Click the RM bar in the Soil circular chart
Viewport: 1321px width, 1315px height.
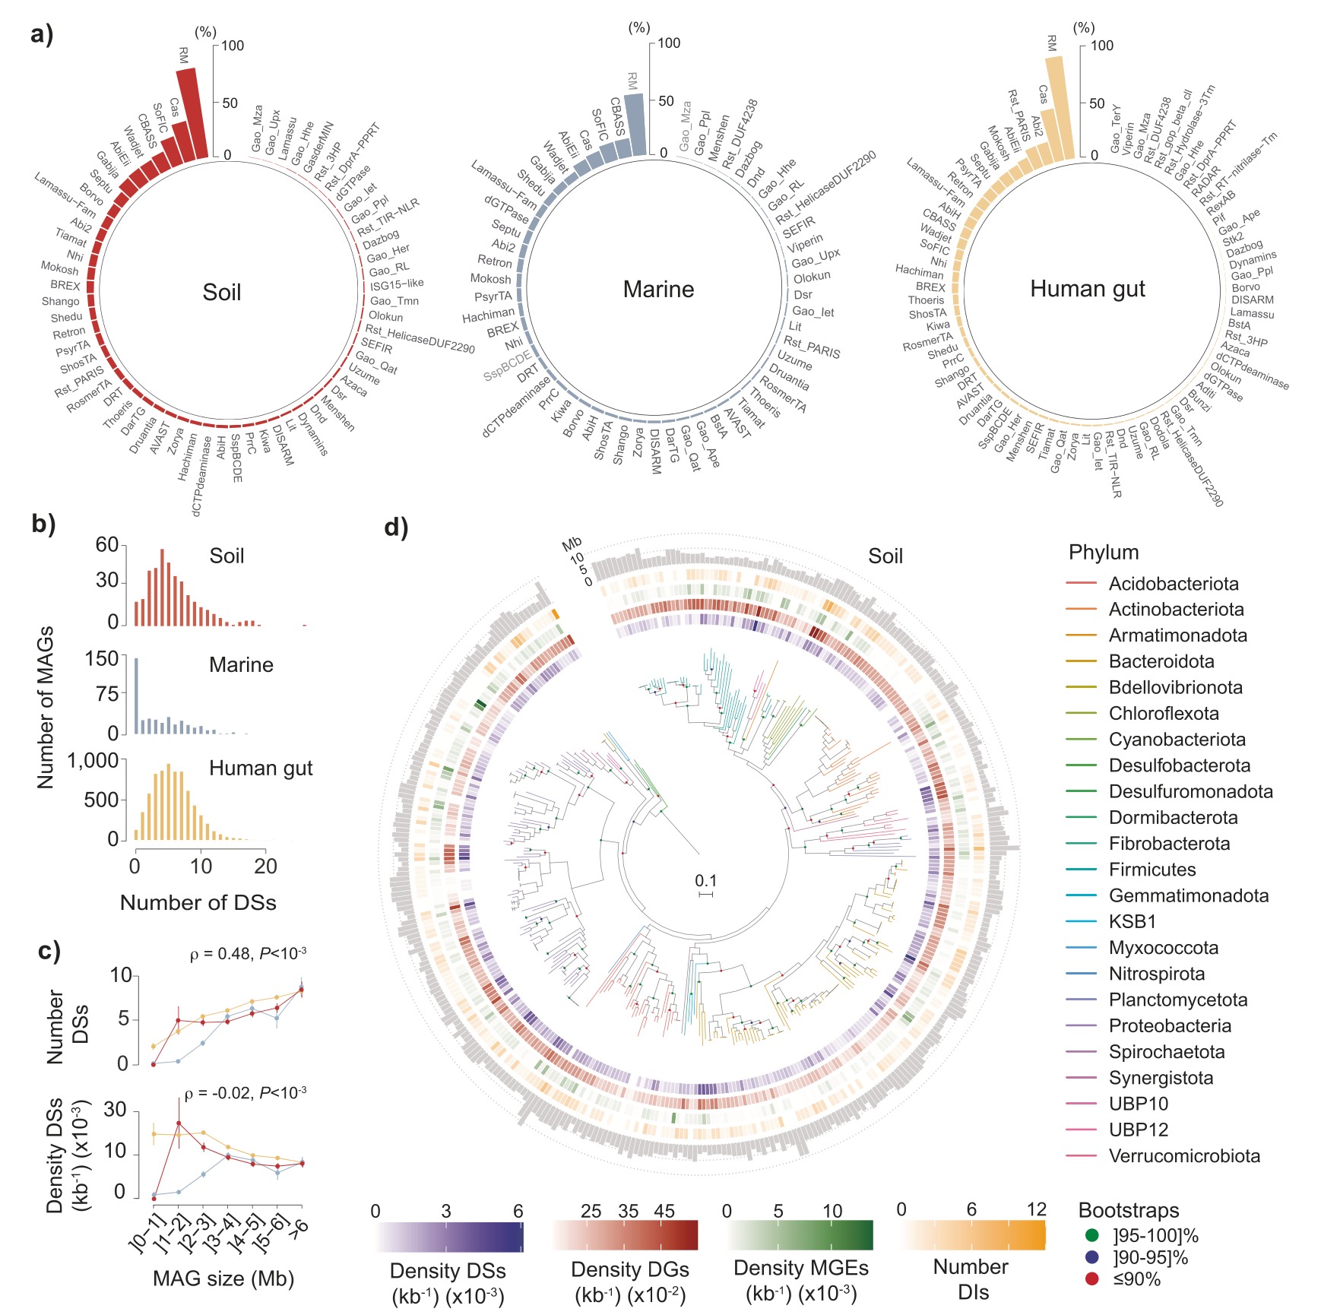[x=192, y=114]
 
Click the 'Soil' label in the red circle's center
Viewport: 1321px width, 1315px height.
[x=221, y=293]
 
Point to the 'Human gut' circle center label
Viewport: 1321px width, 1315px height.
[x=1087, y=289]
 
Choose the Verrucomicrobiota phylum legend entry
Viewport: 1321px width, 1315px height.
[x=1183, y=1156]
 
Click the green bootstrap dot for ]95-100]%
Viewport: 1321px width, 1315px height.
[x=1092, y=1235]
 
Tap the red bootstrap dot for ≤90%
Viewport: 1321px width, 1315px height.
[x=1092, y=1279]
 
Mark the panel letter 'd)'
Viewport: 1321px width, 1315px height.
[x=396, y=527]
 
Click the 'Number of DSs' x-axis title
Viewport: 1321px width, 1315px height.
[x=198, y=902]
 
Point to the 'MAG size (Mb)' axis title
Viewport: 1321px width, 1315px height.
[x=223, y=1279]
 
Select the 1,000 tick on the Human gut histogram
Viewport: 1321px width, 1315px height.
[x=93, y=760]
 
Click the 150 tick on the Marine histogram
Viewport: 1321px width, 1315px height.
[x=102, y=657]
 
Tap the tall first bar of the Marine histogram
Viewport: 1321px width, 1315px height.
[x=137, y=696]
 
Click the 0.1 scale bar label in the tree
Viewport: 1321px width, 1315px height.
[x=705, y=881]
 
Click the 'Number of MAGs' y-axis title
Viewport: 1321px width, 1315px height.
[x=46, y=707]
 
